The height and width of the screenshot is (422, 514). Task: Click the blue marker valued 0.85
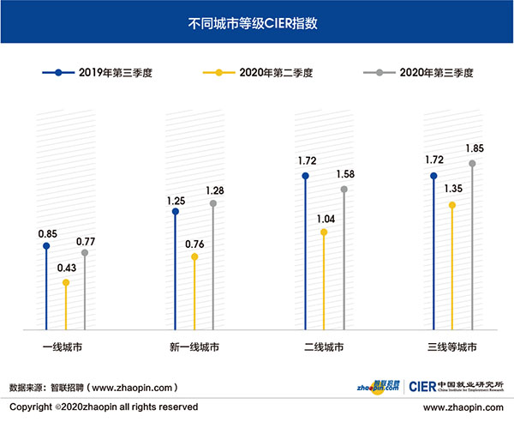coord(46,246)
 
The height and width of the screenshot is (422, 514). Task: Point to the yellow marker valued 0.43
coord(65,282)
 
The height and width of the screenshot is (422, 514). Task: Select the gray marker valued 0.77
coord(85,253)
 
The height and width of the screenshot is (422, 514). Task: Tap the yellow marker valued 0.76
coord(194,256)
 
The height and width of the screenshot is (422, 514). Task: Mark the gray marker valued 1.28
coord(214,203)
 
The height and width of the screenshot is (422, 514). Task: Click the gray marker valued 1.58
coord(344,189)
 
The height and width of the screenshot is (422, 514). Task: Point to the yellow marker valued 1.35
coord(452,205)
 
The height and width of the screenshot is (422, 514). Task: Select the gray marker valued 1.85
coord(472,163)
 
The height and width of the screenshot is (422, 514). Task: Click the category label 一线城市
coord(65,347)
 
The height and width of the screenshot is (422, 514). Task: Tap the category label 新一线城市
coord(194,347)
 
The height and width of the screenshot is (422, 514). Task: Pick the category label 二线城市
coord(323,347)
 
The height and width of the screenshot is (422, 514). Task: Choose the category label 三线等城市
coord(451,347)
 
